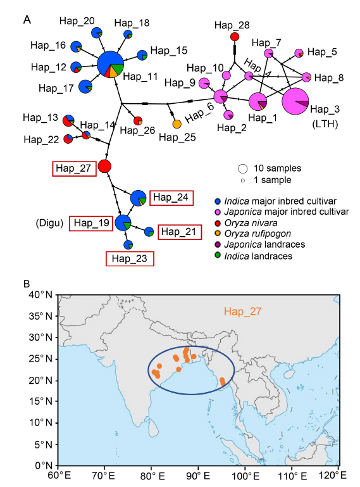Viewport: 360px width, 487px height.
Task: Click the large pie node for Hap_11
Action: (x=110, y=65)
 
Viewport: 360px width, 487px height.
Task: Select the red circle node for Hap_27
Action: (x=104, y=167)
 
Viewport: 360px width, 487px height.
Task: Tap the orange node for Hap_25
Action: (x=177, y=124)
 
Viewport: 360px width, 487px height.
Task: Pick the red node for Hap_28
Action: (x=235, y=37)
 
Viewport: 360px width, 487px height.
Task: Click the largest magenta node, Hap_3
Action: (x=295, y=101)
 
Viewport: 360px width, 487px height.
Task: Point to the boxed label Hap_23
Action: (x=130, y=259)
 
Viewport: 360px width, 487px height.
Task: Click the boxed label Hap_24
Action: (x=171, y=198)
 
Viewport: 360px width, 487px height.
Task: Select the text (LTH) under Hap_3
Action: (x=325, y=124)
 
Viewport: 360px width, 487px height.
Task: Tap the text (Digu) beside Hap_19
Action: (x=49, y=223)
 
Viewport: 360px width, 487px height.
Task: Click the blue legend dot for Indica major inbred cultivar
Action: (x=218, y=201)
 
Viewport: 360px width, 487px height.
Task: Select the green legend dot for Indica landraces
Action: (x=218, y=255)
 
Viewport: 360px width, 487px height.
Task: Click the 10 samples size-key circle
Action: (x=243, y=168)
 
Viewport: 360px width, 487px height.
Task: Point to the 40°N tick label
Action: (x=40, y=294)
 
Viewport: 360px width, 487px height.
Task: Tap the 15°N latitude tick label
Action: (x=40, y=401)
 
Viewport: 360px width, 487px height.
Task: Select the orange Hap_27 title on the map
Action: (x=243, y=311)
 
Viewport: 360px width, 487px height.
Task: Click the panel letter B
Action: (x=27, y=284)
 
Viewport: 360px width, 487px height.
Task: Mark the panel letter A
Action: (x=27, y=20)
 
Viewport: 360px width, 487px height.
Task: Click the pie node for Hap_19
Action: (x=123, y=222)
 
